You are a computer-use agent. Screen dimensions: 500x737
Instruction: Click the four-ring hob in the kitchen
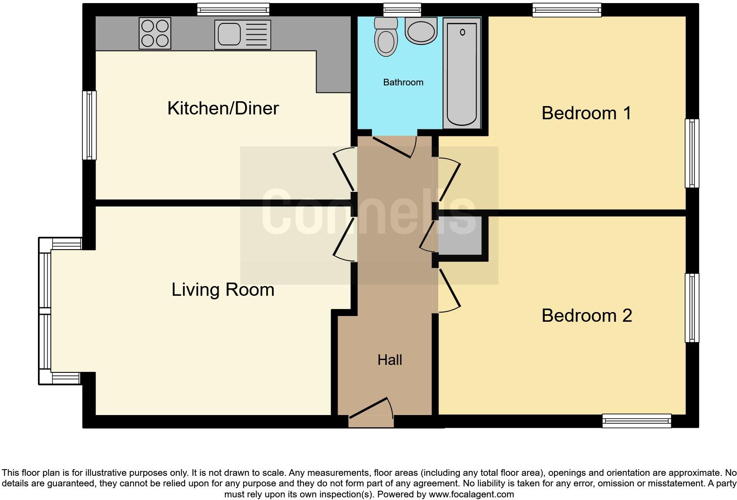click(155, 33)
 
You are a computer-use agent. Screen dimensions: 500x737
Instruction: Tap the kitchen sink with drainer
click(242, 34)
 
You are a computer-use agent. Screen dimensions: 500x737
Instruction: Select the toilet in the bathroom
click(385, 38)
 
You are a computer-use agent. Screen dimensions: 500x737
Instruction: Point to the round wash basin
click(421, 31)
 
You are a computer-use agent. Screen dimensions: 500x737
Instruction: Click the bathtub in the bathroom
click(462, 74)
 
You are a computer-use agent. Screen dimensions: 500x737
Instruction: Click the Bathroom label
click(403, 82)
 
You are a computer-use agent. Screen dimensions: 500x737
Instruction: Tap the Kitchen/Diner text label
click(223, 108)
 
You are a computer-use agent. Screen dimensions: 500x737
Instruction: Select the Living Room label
click(223, 290)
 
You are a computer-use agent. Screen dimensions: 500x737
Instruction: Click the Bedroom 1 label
click(586, 113)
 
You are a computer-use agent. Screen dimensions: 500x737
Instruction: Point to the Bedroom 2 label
click(586, 316)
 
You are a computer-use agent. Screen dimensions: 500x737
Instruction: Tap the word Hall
click(390, 360)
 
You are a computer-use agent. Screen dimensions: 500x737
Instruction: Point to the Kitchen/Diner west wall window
click(89, 125)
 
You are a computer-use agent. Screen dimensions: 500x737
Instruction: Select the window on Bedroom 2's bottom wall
click(636, 421)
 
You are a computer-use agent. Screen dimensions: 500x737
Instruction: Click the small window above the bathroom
click(402, 10)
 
